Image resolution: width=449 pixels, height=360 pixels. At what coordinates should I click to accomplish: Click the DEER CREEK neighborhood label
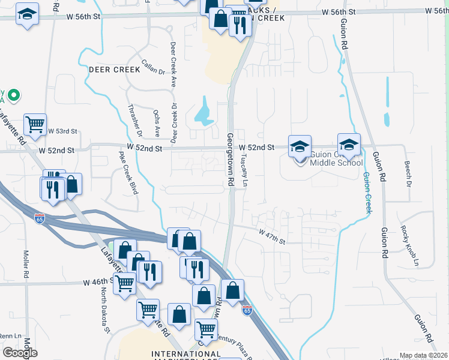(x=114, y=70)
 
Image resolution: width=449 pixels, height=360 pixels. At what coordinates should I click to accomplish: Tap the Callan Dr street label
(x=153, y=67)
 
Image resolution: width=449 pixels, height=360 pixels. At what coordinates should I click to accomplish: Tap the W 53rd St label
(x=64, y=131)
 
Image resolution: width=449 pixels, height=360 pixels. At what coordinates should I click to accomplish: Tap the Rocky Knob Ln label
(x=411, y=246)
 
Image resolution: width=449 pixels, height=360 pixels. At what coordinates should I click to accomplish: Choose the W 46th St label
(x=97, y=281)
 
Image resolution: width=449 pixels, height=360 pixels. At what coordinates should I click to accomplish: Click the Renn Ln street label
(x=10, y=336)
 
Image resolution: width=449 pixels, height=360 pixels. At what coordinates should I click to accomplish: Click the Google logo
(x=20, y=353)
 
